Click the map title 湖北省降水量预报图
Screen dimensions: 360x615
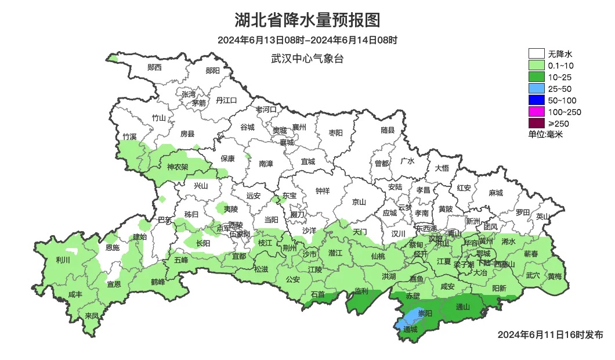click(x=307, y=20)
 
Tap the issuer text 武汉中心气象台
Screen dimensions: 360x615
click(x=307, y=59)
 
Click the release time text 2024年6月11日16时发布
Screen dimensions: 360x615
click(x=550, y=335)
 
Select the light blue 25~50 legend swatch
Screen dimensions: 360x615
click(x=536, y=89)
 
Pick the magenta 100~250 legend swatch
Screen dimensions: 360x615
click(x=536, y=111)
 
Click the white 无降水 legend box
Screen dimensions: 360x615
click(x=536, y=54)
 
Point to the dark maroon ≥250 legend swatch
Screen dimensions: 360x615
click(x=536, y=123)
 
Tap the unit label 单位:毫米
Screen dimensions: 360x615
click(x=545, y=134)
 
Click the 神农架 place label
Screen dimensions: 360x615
click(x=178, y=167)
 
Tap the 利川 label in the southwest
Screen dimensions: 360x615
click(x=63, y=260)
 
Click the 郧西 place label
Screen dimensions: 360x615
click(x=154, y=67)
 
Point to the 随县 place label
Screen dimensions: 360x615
click(x=388, y=130)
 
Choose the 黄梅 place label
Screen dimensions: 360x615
click(x=554, y=276)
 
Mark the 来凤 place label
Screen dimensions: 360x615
click(x=92, y=316)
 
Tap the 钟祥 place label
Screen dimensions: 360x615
click(x=322, y=190)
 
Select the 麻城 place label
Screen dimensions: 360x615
click(x=495, y=193)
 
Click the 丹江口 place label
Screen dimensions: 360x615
click(x=226, y=100)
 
